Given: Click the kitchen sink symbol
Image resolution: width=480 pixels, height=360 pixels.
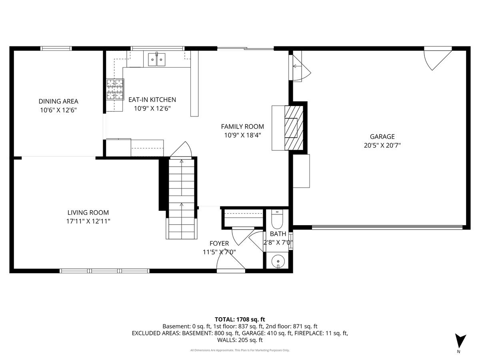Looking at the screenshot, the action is click(156, 59).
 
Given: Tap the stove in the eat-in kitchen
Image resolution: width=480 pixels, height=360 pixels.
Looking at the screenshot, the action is click(115, 89).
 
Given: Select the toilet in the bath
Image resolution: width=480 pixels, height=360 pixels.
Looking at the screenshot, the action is click(277, 219).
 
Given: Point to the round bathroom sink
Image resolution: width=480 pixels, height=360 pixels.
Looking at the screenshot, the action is click(278, 261).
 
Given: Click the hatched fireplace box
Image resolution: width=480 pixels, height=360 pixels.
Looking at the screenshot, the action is click(294, 128).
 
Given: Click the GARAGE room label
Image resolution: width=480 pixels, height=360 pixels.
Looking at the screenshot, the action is click(382, 137).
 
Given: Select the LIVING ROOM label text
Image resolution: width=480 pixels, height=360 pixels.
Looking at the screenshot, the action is click(88, 212).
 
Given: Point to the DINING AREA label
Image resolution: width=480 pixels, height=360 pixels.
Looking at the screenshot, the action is click(58, 101).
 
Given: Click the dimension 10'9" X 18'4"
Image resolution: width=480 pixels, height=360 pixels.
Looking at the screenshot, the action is click(242, 135).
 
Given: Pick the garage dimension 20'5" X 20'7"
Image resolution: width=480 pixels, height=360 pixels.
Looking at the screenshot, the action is click(382, 145).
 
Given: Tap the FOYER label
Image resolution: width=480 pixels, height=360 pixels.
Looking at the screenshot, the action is click(219, 243).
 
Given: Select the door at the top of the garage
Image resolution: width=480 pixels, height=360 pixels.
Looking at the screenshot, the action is click(438, 58).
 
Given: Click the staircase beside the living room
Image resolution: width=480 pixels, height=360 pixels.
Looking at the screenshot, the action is click(182, 198).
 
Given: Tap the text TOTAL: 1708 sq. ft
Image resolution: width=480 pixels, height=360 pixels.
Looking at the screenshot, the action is click(240, 320).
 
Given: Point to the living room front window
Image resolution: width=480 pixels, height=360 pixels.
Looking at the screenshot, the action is click(104, 271).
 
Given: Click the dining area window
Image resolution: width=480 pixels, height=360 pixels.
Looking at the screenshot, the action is click(56, 48).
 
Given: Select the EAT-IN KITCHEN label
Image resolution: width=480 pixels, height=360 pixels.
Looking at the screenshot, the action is click(152, 100).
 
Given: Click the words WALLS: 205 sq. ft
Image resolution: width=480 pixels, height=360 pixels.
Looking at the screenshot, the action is click(240, 340).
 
